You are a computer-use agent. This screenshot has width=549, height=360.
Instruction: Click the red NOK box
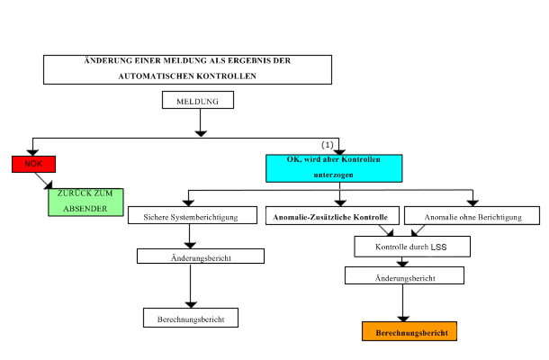pos(33,164)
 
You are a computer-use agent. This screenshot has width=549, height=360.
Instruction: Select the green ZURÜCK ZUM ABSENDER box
pos(85,202)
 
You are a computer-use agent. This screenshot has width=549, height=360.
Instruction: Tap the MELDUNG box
pos(198,101)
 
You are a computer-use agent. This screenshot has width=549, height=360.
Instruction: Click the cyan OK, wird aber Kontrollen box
pos(333,167)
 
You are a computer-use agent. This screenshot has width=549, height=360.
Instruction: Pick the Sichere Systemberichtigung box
pos(189,216)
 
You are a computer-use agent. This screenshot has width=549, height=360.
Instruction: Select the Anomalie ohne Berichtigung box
pos(472,216)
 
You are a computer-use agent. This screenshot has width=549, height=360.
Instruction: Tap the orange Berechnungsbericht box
pos(409,332)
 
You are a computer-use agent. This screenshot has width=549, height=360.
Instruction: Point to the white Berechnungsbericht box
pos(191,318)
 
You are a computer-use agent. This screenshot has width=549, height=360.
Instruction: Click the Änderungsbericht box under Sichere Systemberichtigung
pos(200,256)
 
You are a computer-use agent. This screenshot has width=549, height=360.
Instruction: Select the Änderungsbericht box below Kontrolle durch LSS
pos(404,278)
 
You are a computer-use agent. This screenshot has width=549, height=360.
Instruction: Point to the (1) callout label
pos(328,144)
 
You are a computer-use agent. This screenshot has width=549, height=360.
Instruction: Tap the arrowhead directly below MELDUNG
pos(201,131)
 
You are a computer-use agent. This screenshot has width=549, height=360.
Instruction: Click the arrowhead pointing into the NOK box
pos(33,151)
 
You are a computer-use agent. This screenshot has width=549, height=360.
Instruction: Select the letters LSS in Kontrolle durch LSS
pos(438,245)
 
